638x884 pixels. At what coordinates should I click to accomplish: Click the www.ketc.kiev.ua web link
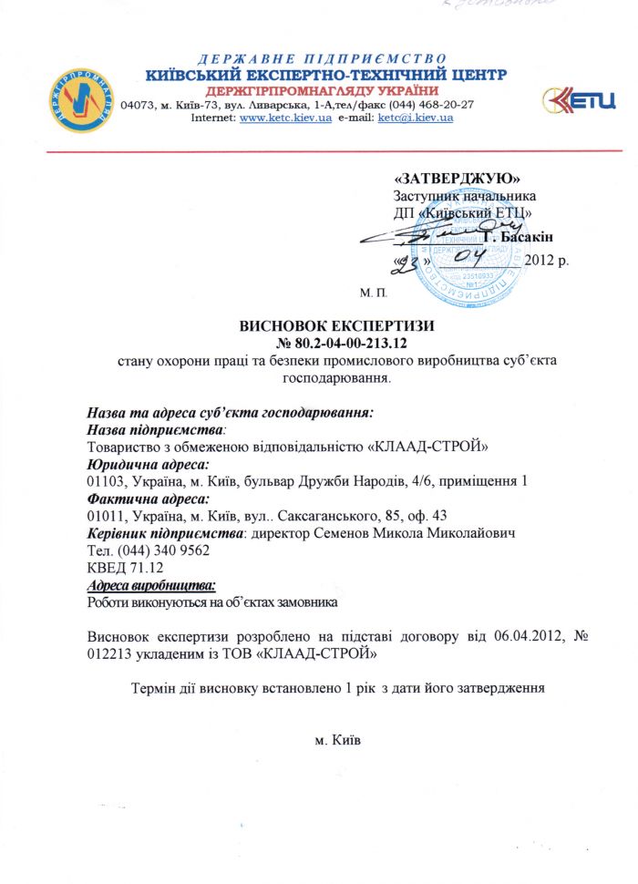[x=283, y=118]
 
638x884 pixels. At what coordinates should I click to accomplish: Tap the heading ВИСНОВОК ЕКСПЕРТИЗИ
[x=336, y=325]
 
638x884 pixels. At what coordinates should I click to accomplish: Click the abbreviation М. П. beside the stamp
[x=374, y=293]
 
